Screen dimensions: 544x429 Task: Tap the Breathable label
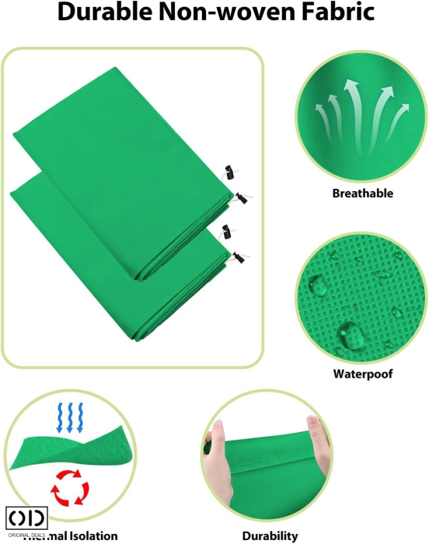[362, 194]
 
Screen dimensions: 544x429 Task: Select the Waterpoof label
[363, 374]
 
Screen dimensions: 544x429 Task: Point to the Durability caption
[270, 535]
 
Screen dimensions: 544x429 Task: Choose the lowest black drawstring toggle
[235, 256]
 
